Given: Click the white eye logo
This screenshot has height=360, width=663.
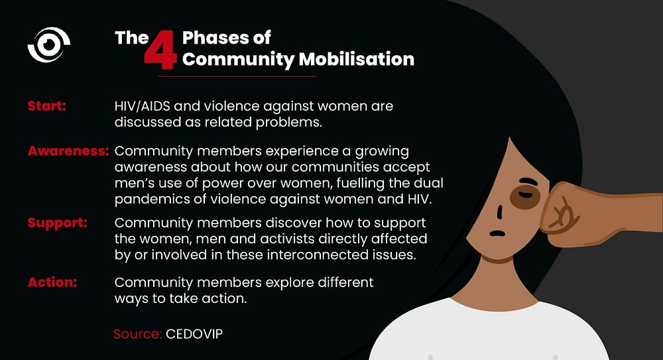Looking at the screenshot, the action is tap(48, 45).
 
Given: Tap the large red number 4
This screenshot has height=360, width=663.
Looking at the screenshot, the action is tap(160, 50).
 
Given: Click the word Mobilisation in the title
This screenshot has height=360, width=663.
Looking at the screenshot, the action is tap(357, 59).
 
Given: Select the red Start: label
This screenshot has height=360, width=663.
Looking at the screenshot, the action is tap(47, 106).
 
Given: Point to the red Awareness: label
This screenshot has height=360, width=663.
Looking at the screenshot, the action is tap(68, 150).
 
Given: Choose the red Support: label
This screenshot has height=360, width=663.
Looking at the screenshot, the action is tap(58, 223).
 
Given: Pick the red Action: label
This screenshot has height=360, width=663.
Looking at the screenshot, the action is tap(52, 282).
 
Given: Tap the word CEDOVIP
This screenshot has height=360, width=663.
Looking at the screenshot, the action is tap(194, 333).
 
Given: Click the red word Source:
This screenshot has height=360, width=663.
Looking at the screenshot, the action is tap(138, 333).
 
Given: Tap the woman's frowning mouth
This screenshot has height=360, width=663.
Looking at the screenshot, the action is tap(497, 233).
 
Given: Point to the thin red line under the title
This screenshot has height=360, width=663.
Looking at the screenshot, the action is tap(237, 76).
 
